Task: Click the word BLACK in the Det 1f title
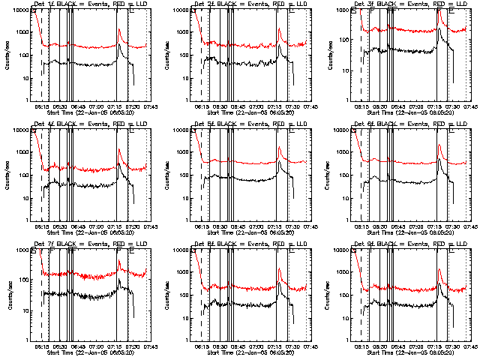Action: (x=61, y=5)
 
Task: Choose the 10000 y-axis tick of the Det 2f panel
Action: (x=180, y=10)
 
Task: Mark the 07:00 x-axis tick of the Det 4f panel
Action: (x=96, y=225)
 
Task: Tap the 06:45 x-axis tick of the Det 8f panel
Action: (x=238, y=345)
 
